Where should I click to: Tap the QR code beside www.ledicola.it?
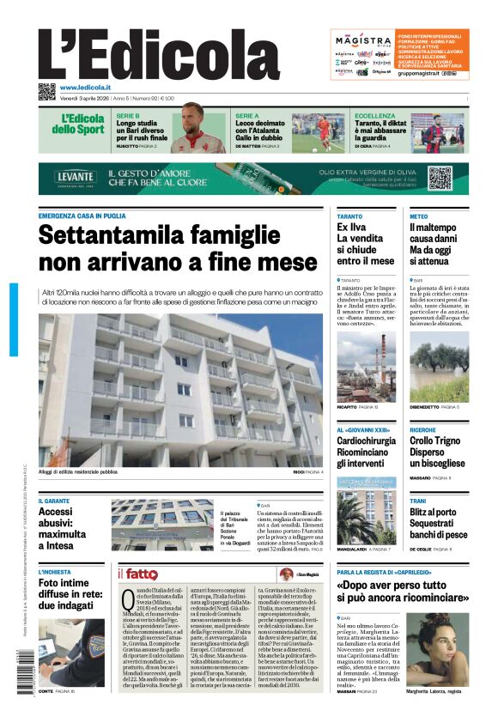(x=46, y=91)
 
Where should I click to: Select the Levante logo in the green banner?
(x=76, y=177)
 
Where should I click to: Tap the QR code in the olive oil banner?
(x=440, y=178)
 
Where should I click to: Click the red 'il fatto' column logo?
(x=137, y=574)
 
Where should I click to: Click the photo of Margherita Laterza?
(x=437, y=649)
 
